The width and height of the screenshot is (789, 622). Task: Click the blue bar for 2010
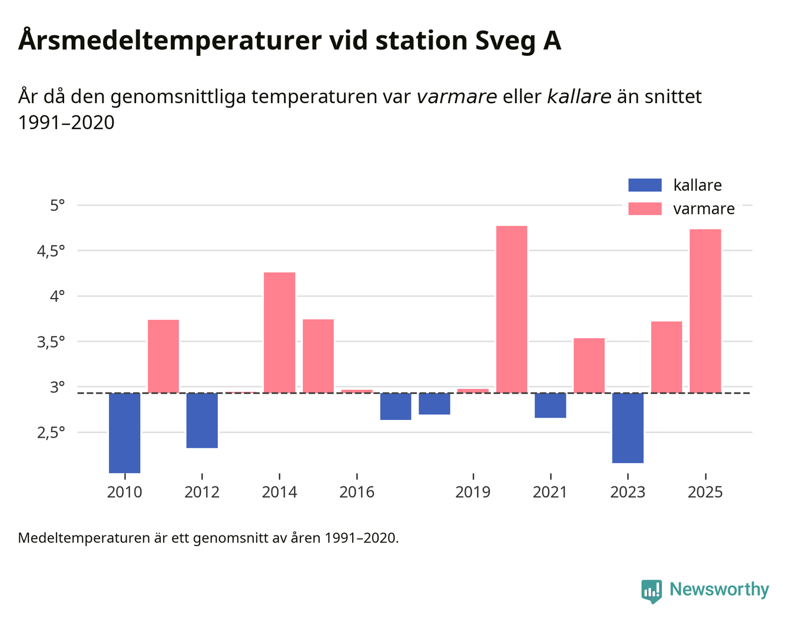point(125,433)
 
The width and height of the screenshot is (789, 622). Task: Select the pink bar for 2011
point(163,356)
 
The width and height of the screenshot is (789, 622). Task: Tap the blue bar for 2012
point(202,421)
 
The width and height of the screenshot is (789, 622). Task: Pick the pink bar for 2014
point(280,333)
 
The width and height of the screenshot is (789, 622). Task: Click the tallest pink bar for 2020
point(512,309)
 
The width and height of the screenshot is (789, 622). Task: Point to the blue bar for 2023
point(628,428)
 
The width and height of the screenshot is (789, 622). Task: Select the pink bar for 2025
point(705,311)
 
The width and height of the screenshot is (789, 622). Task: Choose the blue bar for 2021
point(551,405)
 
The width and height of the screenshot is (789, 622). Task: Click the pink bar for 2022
point(589,365)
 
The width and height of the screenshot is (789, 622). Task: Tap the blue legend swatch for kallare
point(645,185)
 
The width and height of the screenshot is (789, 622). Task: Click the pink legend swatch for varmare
point(645,209)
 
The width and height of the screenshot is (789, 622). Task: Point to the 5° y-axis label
point(57,206)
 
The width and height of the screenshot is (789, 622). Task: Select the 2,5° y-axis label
point(51,433)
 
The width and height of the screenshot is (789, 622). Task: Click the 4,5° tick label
point(51,251)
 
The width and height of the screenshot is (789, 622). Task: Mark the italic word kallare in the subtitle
point(579,97)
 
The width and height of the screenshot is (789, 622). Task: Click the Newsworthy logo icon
point(651,590)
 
